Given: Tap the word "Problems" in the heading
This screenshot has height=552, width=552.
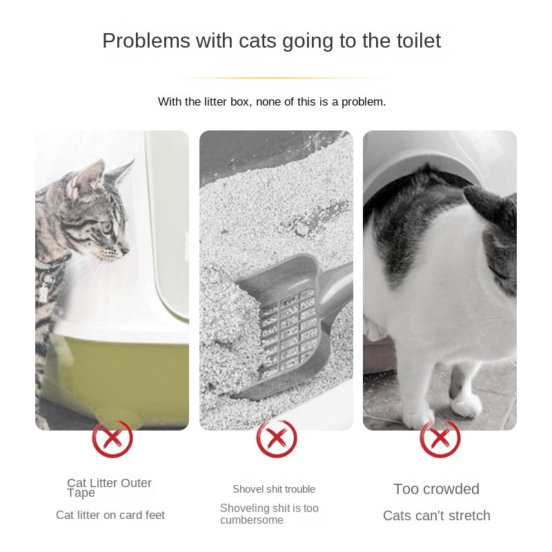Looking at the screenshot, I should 146,41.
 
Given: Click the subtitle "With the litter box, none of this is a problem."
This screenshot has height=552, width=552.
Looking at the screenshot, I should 272,102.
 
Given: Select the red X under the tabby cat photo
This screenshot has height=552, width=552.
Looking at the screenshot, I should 112,437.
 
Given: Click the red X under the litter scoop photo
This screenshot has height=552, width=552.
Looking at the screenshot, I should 276,437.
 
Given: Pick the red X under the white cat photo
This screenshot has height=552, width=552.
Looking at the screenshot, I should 440,437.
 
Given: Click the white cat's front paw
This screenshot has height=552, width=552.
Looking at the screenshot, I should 466,406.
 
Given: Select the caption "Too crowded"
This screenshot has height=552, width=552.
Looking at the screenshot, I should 436,489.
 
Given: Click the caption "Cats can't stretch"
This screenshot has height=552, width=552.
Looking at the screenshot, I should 436,515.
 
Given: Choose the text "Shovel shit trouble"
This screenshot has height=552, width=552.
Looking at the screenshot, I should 274,489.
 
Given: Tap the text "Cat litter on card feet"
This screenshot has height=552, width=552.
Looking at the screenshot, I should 110,515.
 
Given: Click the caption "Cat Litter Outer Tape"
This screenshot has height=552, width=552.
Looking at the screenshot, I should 109,487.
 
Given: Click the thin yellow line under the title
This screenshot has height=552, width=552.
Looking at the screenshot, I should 276,78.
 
